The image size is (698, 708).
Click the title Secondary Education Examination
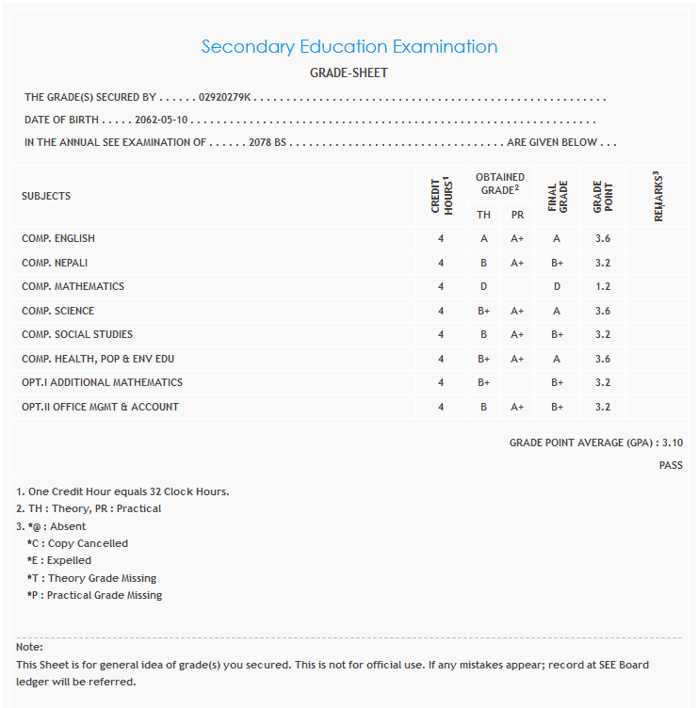pyautogui.click(x=349, y=46)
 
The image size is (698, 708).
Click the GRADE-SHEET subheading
pyautogui.click(x=349, y=72)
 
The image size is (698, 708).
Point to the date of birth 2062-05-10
pyautogui.click(x=162, y=121)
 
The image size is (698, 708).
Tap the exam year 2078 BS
pyautogui.click(x=268, y=143)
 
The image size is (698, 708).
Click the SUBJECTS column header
pyautogui.click(x=46, y=196)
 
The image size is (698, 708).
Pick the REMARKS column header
pyautogui.click(x=657, y=196)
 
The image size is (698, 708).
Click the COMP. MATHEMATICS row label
pyautogui.click(x=73, y=286)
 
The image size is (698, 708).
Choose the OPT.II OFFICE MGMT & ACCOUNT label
pyautogui.click(x=100, y=407)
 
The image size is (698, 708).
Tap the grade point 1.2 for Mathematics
pyautogui.click(x=603, y=286)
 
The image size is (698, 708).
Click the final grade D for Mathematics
pyautogui.click(x=557, y=286)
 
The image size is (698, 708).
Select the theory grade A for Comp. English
pyautogui.click(x=484, y=239)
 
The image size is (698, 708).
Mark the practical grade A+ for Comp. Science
pyautogui.click(x=517, y=311)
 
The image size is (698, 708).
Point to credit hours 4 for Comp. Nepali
pyautogui.click(x=441, y=263)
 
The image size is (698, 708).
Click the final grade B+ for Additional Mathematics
pyautogui.click(x=557, y=382)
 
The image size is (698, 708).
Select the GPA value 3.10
pyautogui.click(x=673, y=442)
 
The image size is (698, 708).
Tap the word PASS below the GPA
pyautogui.click(x=671, y=465)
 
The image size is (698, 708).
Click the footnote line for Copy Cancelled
pyautogui.click(x=78, y=543)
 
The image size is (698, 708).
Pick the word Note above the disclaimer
pyautogui.click(x=28, y=648)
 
